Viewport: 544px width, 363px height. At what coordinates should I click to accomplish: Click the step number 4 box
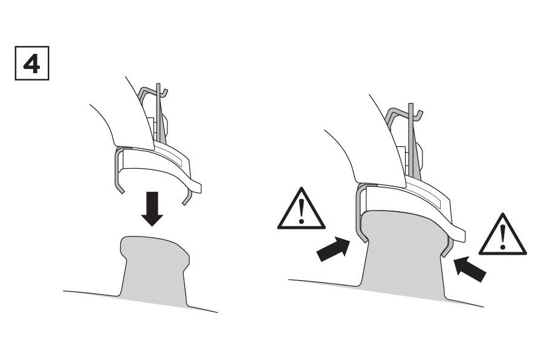[32, 63]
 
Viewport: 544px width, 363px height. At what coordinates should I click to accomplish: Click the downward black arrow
[152, 209]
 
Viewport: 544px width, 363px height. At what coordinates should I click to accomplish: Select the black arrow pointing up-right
[333, 249]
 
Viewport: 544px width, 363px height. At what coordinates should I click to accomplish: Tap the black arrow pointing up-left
[470, 269]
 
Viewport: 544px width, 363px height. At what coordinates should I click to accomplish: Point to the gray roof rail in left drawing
[154, 270]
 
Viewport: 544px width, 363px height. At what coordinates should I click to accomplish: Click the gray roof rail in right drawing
[404, 253]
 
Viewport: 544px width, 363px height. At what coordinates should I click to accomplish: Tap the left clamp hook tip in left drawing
[121, 191]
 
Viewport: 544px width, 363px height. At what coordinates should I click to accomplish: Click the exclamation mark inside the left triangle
[302, 212]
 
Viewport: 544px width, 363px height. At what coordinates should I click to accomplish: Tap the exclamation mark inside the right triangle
[503, 237]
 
